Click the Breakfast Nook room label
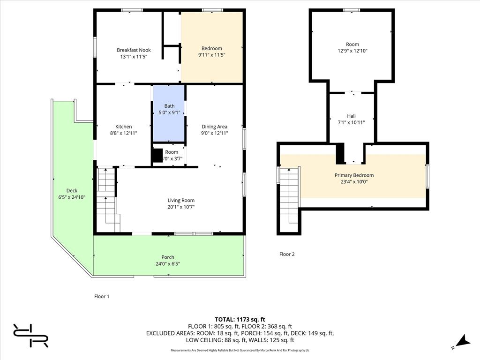[134, 50]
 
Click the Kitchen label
[124, 127]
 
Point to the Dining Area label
[214, 127]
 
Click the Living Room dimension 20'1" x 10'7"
[181, 207]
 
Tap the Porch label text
[168, 257]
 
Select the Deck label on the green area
[72, 190]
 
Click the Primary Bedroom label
[354, 175]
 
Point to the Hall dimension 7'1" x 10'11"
[352, 122]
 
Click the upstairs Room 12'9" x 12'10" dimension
[352, 51]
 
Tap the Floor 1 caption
[102, 296]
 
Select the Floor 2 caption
[287, 254]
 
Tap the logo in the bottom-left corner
[31, 335]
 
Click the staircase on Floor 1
[107, 199]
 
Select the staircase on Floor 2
[289, 195]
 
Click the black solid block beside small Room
[157, 155]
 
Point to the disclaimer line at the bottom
[240, 350]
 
